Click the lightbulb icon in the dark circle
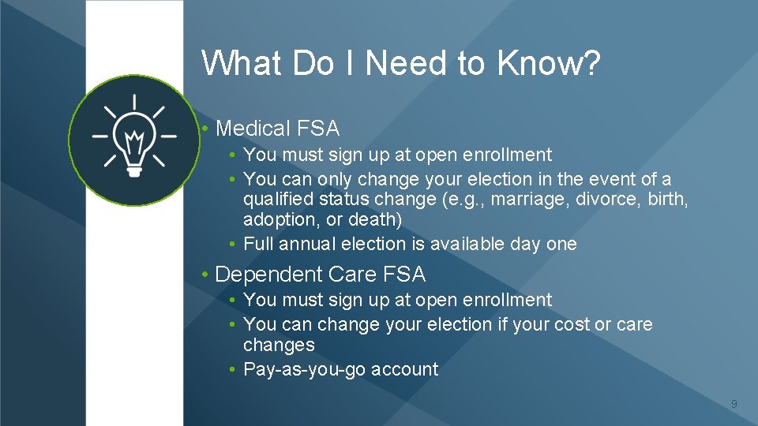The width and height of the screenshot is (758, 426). (x=133, y=140)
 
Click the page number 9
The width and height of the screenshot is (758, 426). (x=734, y=405)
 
